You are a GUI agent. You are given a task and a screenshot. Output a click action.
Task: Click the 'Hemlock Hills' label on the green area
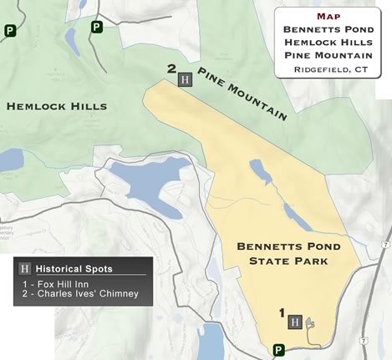coord(57,106)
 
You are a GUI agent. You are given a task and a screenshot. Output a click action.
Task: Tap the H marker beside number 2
coord(186,79)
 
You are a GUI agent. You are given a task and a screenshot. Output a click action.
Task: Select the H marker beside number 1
coord(295,322)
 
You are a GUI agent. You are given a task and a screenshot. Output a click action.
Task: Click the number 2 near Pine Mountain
coord(171,69)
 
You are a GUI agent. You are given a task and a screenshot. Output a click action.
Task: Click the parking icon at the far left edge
coord(10,32)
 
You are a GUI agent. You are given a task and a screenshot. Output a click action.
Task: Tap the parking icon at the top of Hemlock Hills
coord(97,27)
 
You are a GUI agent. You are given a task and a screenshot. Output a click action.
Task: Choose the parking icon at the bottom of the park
coord(278,351)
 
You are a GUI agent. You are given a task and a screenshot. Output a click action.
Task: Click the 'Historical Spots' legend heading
coord(80,269)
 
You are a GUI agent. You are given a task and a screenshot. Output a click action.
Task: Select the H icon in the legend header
coord(25,269)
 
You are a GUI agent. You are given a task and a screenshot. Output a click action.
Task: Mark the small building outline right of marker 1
coord(312,322)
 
